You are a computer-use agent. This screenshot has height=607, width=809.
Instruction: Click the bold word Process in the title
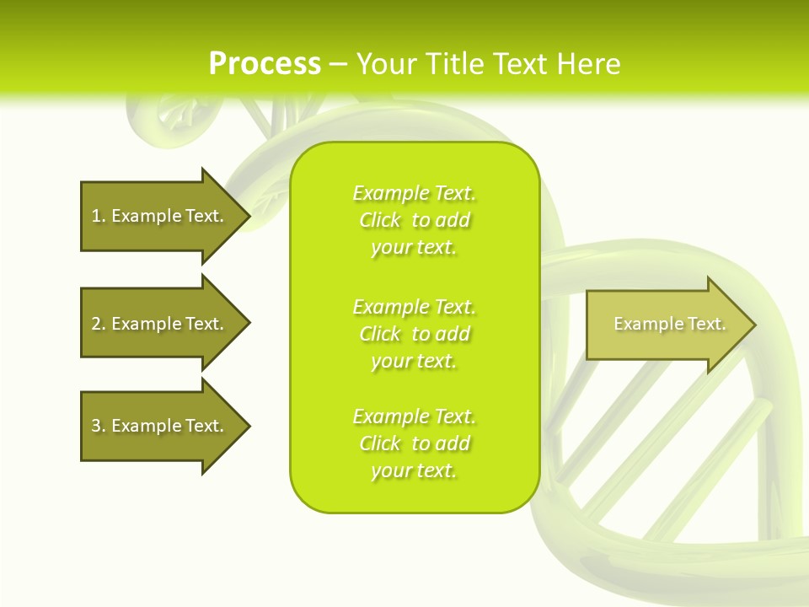tap(265, 64)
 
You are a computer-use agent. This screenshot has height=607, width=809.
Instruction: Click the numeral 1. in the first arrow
tap(98, 216)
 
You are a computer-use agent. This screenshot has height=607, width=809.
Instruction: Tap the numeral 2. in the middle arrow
tap(98, 324)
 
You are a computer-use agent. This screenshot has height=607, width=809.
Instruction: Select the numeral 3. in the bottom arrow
tap(98, 426)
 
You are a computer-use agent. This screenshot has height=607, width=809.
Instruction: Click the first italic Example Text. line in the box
tap(414, 193)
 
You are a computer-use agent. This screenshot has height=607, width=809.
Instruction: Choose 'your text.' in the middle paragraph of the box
tap(414, 361)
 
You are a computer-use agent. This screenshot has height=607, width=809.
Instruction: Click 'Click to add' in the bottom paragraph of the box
tap(414, 443)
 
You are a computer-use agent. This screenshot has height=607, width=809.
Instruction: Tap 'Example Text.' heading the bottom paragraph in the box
tap(414, 416)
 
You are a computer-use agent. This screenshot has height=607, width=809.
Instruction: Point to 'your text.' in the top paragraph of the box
tap(414, 247)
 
